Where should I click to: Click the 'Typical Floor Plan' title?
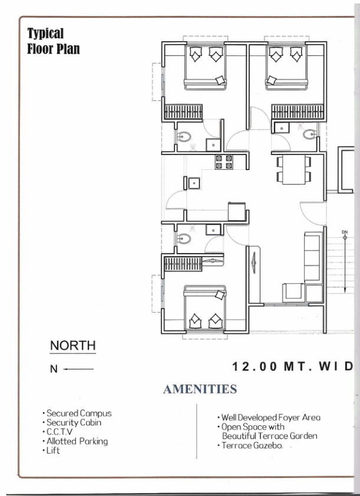(x=53, y=41)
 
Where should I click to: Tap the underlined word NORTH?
(x=72, y=346)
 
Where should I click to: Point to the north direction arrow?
(x=78, y=369)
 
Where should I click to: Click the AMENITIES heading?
(x=200, y=389)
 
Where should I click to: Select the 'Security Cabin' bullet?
(x=72, y=423)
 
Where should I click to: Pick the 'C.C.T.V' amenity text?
(x=58, y=432)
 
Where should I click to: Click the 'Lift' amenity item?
(x=51, y=450)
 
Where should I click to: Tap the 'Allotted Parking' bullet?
(x=75, y=441)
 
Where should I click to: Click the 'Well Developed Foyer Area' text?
(x=269, y=418)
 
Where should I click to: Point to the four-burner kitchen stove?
(x=224, y=162)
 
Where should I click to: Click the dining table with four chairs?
(x=293, y=169)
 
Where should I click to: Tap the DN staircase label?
(x=345, y=232)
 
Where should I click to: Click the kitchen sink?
(x=194, y=183)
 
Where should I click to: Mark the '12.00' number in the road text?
(x=255, y=366)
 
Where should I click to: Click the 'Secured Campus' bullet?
(x=77, y=413)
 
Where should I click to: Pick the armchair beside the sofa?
(x=293, y=293)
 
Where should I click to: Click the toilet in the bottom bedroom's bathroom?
(x=183, y=239)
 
